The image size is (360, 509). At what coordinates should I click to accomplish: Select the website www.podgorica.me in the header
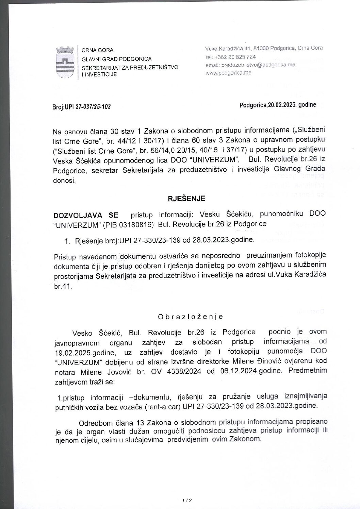pos(229,73)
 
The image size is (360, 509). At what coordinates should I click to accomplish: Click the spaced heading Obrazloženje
pos(190,317)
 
